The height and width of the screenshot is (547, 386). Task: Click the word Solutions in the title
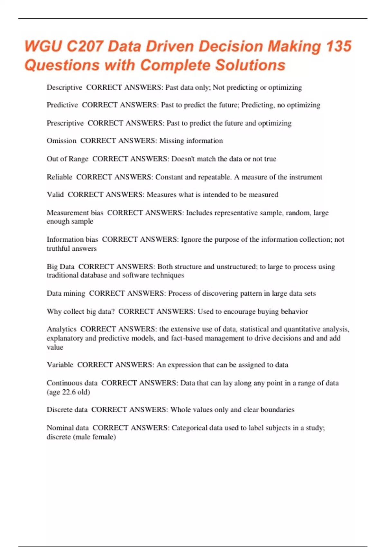click(250, 65)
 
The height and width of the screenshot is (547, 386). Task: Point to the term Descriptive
click(64, 88)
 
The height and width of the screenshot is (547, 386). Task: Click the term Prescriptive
click(65, 123)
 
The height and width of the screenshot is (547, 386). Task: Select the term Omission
click(61, 141)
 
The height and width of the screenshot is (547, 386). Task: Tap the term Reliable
click(60, 177)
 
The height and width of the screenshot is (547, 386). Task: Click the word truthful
click(58, 248)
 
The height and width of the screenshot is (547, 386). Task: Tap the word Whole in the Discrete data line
click(180, 410)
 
